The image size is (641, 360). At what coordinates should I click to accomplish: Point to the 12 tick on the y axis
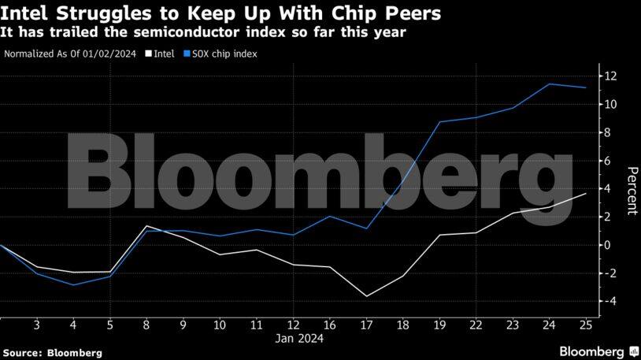pyautogui.click(x=610, y=76)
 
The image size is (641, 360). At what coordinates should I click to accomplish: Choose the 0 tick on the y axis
pyautogui.click(x=610, y=245)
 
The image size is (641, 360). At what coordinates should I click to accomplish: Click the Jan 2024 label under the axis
pyautogui.click(x=300, y=339)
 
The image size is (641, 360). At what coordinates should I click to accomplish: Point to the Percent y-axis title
pyautogui.click(x=631, y=191)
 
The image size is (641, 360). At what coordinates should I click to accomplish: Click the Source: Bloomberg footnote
pyautogui.click(x=52, y=351)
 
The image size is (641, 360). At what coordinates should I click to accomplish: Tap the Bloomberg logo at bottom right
pyautogui.click(x=598, y=351)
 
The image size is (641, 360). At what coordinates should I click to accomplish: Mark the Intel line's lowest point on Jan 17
pyautogui.click(x=366, y=296)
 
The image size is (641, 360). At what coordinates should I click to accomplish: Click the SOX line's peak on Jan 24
pyautogui.click(x=550, y=84)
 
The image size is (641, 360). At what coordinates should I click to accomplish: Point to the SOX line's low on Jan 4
pyautogui.click(x=73, y=284)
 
